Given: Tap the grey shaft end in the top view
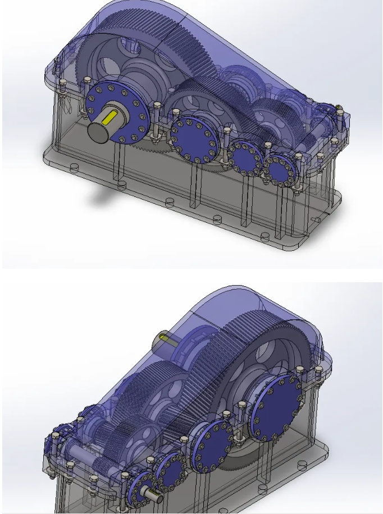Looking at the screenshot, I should point(98,131).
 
